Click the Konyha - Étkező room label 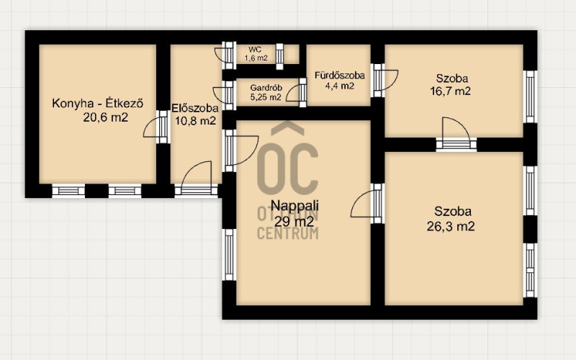[97, 103]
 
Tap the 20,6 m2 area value [105, 117]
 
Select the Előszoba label [195, 108]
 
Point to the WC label [255, 50]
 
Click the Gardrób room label [266, 88]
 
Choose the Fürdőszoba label [340, 76]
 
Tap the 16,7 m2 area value [451, 91]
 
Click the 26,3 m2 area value [451, 226]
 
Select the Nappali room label [294, 205]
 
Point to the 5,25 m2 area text [266, 97]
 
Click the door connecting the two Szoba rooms [456, 134]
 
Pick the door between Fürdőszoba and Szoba [384, 81]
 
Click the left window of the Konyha [68, 191]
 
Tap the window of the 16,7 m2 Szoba [530, 97]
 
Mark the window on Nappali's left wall [229, 255]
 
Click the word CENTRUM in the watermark [287, 233]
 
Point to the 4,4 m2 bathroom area [340, 86]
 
